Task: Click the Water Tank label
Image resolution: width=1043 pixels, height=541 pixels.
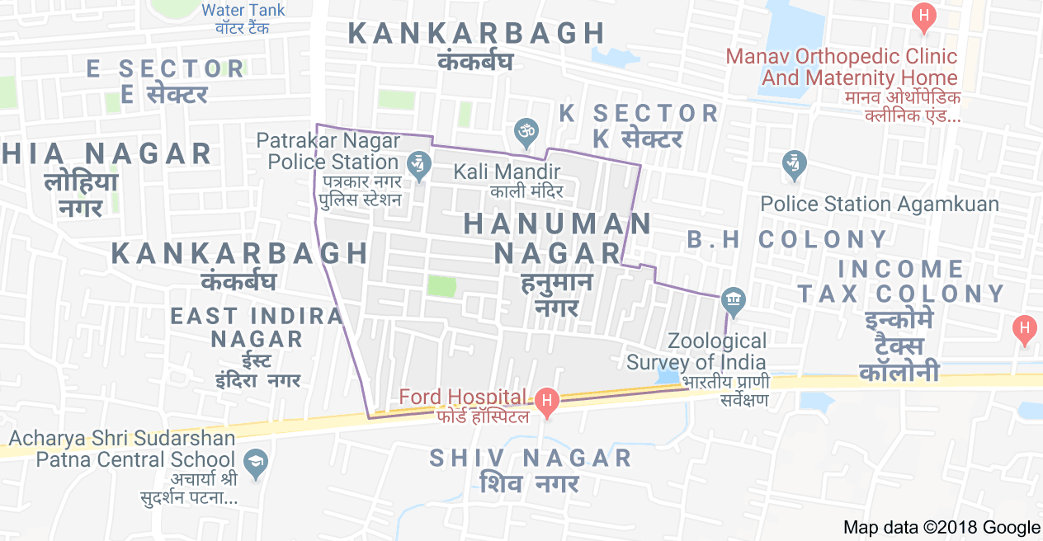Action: click(x=243, y=11)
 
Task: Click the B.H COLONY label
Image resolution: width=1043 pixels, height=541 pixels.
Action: click(x=787, y=240)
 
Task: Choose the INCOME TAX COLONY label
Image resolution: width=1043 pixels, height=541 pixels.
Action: click(x=901, y=281)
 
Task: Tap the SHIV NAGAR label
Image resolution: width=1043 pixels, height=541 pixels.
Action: click(x=531, y=459)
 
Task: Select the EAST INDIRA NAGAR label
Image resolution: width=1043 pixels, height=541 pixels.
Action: click(x=257, y=327)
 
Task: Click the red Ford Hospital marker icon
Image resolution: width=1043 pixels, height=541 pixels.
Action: click(x=545, y=401)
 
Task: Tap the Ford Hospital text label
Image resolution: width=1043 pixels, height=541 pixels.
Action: click(x=462, y=397)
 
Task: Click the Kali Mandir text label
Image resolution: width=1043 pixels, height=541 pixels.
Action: click(x=507, y=172)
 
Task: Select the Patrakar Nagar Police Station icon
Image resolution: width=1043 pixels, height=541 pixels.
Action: click(x=420, y=165)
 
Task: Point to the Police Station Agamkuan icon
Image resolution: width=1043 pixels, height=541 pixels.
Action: click(x=794, y=163)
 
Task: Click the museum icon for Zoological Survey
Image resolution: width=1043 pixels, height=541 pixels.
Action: click(x=733, y=300)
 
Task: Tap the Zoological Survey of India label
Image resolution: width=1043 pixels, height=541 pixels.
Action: click(x=696, y=351)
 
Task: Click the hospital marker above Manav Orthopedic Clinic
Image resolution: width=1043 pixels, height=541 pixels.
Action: click(x=924, y=17)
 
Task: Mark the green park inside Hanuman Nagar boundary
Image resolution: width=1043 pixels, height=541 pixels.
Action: click(x=441, y=286)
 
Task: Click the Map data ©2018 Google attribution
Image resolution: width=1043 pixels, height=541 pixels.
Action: click(x=942, y=528)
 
